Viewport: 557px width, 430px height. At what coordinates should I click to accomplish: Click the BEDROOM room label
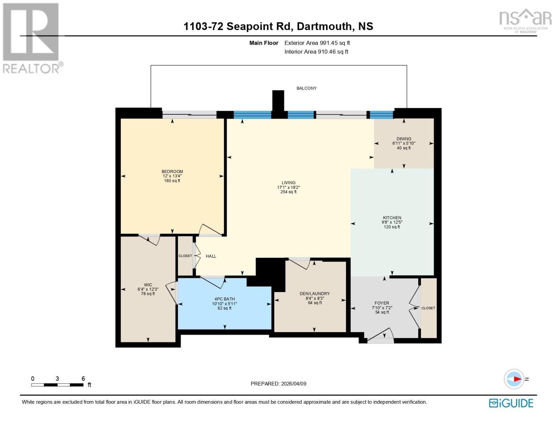click(172, 172)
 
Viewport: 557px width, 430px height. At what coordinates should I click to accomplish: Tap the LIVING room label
click(288, 183)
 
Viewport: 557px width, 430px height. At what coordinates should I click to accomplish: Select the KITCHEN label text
click(392, 218)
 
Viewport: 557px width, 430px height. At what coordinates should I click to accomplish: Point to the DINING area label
click(404, 139)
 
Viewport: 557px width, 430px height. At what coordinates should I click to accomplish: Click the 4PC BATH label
click(225, 299)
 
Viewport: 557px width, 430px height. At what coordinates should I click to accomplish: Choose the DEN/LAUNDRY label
click(315, 294)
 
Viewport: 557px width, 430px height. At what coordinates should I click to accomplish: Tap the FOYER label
click(382, 303)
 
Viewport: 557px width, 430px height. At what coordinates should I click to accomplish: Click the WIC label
click(148, 285)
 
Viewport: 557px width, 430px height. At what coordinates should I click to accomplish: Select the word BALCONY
click(306, 88)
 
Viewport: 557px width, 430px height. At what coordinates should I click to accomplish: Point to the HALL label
click(211, 256)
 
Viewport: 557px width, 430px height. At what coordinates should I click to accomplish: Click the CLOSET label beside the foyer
click(428, 308)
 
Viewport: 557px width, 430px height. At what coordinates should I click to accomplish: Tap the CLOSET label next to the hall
click(185, 256)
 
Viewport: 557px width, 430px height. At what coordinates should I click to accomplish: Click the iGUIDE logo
click(511, 403)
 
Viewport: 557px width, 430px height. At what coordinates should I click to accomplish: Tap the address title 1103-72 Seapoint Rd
click(278, 27)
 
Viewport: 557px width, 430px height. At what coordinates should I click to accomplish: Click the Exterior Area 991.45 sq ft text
click(317, 43)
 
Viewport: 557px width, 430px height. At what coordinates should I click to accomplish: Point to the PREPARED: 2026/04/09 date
click(278, 384)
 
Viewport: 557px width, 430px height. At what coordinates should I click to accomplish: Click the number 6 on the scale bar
click(83, 379)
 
